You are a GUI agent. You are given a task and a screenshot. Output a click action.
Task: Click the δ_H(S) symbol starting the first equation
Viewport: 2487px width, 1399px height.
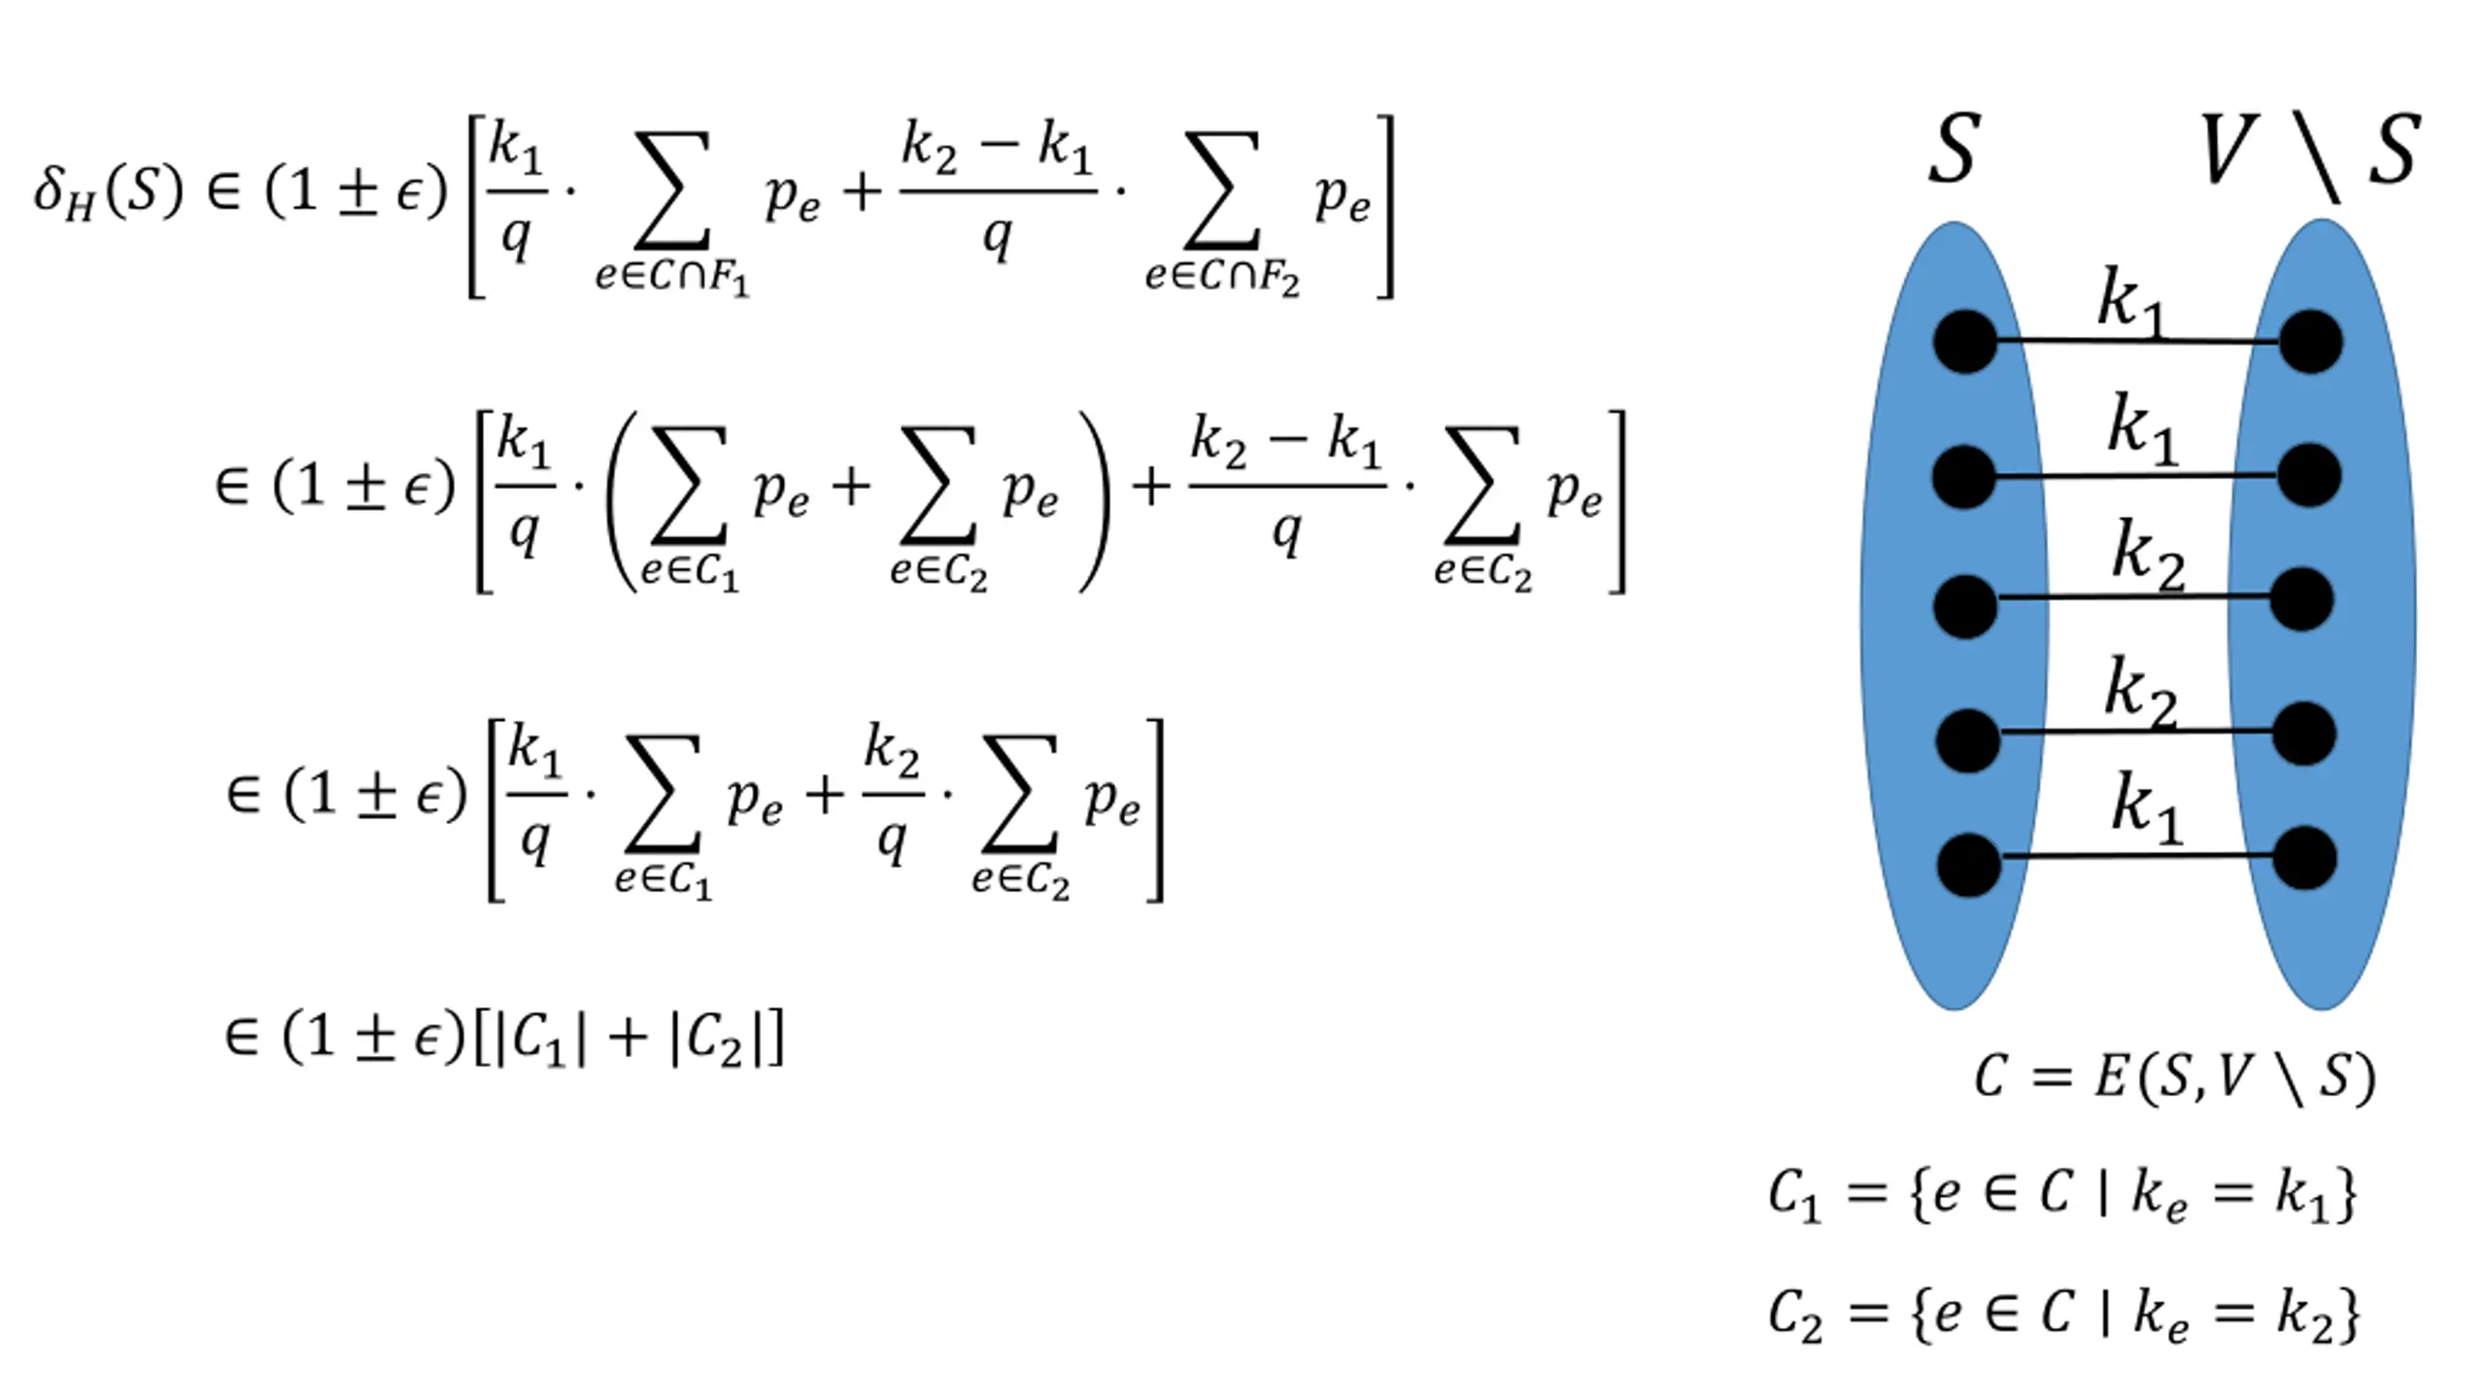[107, 191]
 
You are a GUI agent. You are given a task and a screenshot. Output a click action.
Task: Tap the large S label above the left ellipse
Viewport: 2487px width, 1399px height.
[1953, 151]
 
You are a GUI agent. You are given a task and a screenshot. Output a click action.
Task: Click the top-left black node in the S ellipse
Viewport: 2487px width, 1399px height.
[1964, 341]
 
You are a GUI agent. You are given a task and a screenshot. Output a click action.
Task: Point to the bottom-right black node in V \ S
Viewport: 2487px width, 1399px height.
[2304, 858]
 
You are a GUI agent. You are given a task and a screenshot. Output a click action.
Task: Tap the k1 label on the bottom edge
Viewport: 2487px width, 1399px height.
[2148, 807]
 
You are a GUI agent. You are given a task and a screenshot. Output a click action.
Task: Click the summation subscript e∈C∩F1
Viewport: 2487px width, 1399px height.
[672, 277]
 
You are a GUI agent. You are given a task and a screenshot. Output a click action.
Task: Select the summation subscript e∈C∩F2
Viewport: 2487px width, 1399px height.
[1221, 277]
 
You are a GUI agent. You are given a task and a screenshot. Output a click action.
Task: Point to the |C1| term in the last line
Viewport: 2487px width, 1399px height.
[541, 1039]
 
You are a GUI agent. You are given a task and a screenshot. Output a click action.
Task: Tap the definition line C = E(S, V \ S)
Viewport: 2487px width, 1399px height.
[2174, 1078]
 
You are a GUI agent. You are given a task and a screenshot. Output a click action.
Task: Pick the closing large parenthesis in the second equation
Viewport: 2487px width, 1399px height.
[1095, 501]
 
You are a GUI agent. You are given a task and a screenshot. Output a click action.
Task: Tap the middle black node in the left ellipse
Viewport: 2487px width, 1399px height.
[1964, 606]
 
